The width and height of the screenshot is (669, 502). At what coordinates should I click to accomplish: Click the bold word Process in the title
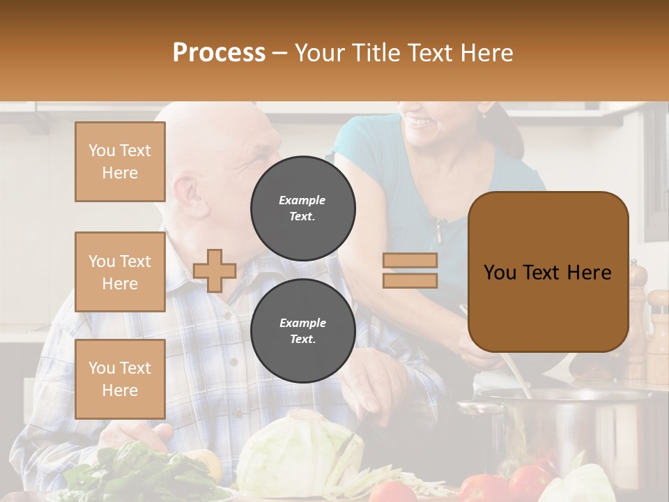pyautogui.click(x=219, y=52)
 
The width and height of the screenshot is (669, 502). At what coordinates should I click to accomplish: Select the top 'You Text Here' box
pyautogui.click(x=120, y=162)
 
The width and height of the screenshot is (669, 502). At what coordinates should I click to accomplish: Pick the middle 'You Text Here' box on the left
pyautogui.click(x=120, y=272)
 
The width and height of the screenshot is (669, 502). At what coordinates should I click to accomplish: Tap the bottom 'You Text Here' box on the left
pyautogui.click(x=120, y=379)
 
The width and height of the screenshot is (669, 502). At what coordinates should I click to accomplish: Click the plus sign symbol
pyautogui.click(x=215, y=271)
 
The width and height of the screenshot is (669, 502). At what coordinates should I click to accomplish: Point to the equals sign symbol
pyautogui.click(x=410, y=271)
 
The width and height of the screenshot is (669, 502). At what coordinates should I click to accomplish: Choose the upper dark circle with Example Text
pyautogui.click(x=302, y=208)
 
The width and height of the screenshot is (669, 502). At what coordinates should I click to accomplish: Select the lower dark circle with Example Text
pyautogui.click(x=302, y=330)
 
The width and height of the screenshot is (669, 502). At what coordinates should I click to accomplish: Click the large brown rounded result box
pyautogui.click(x=548, y=272)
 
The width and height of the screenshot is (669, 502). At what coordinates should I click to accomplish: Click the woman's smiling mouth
pyautogui.click(x=420, y=123)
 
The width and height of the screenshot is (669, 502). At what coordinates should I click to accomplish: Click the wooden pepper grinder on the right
pyautogui.click(x=636, y=321)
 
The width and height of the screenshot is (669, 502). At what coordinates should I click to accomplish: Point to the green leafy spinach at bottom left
pyautogui.click(x=139, y=474)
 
